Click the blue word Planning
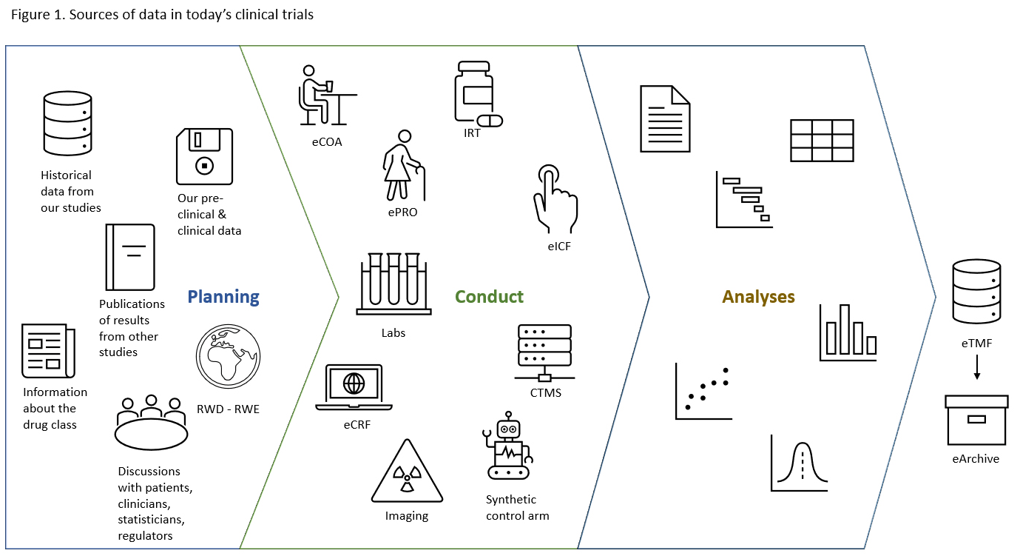point(223,297)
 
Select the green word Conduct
point(489,297)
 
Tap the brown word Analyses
point(758,297)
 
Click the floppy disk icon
point(204,156)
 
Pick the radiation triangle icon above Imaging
point(406,473)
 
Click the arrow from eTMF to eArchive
point(976,366)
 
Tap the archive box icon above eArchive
point(976,420)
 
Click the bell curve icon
point(800,463)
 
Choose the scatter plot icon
point(703,392)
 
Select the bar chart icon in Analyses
point(848,333)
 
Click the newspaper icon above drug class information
point(47,351)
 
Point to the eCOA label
point(326,142)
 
